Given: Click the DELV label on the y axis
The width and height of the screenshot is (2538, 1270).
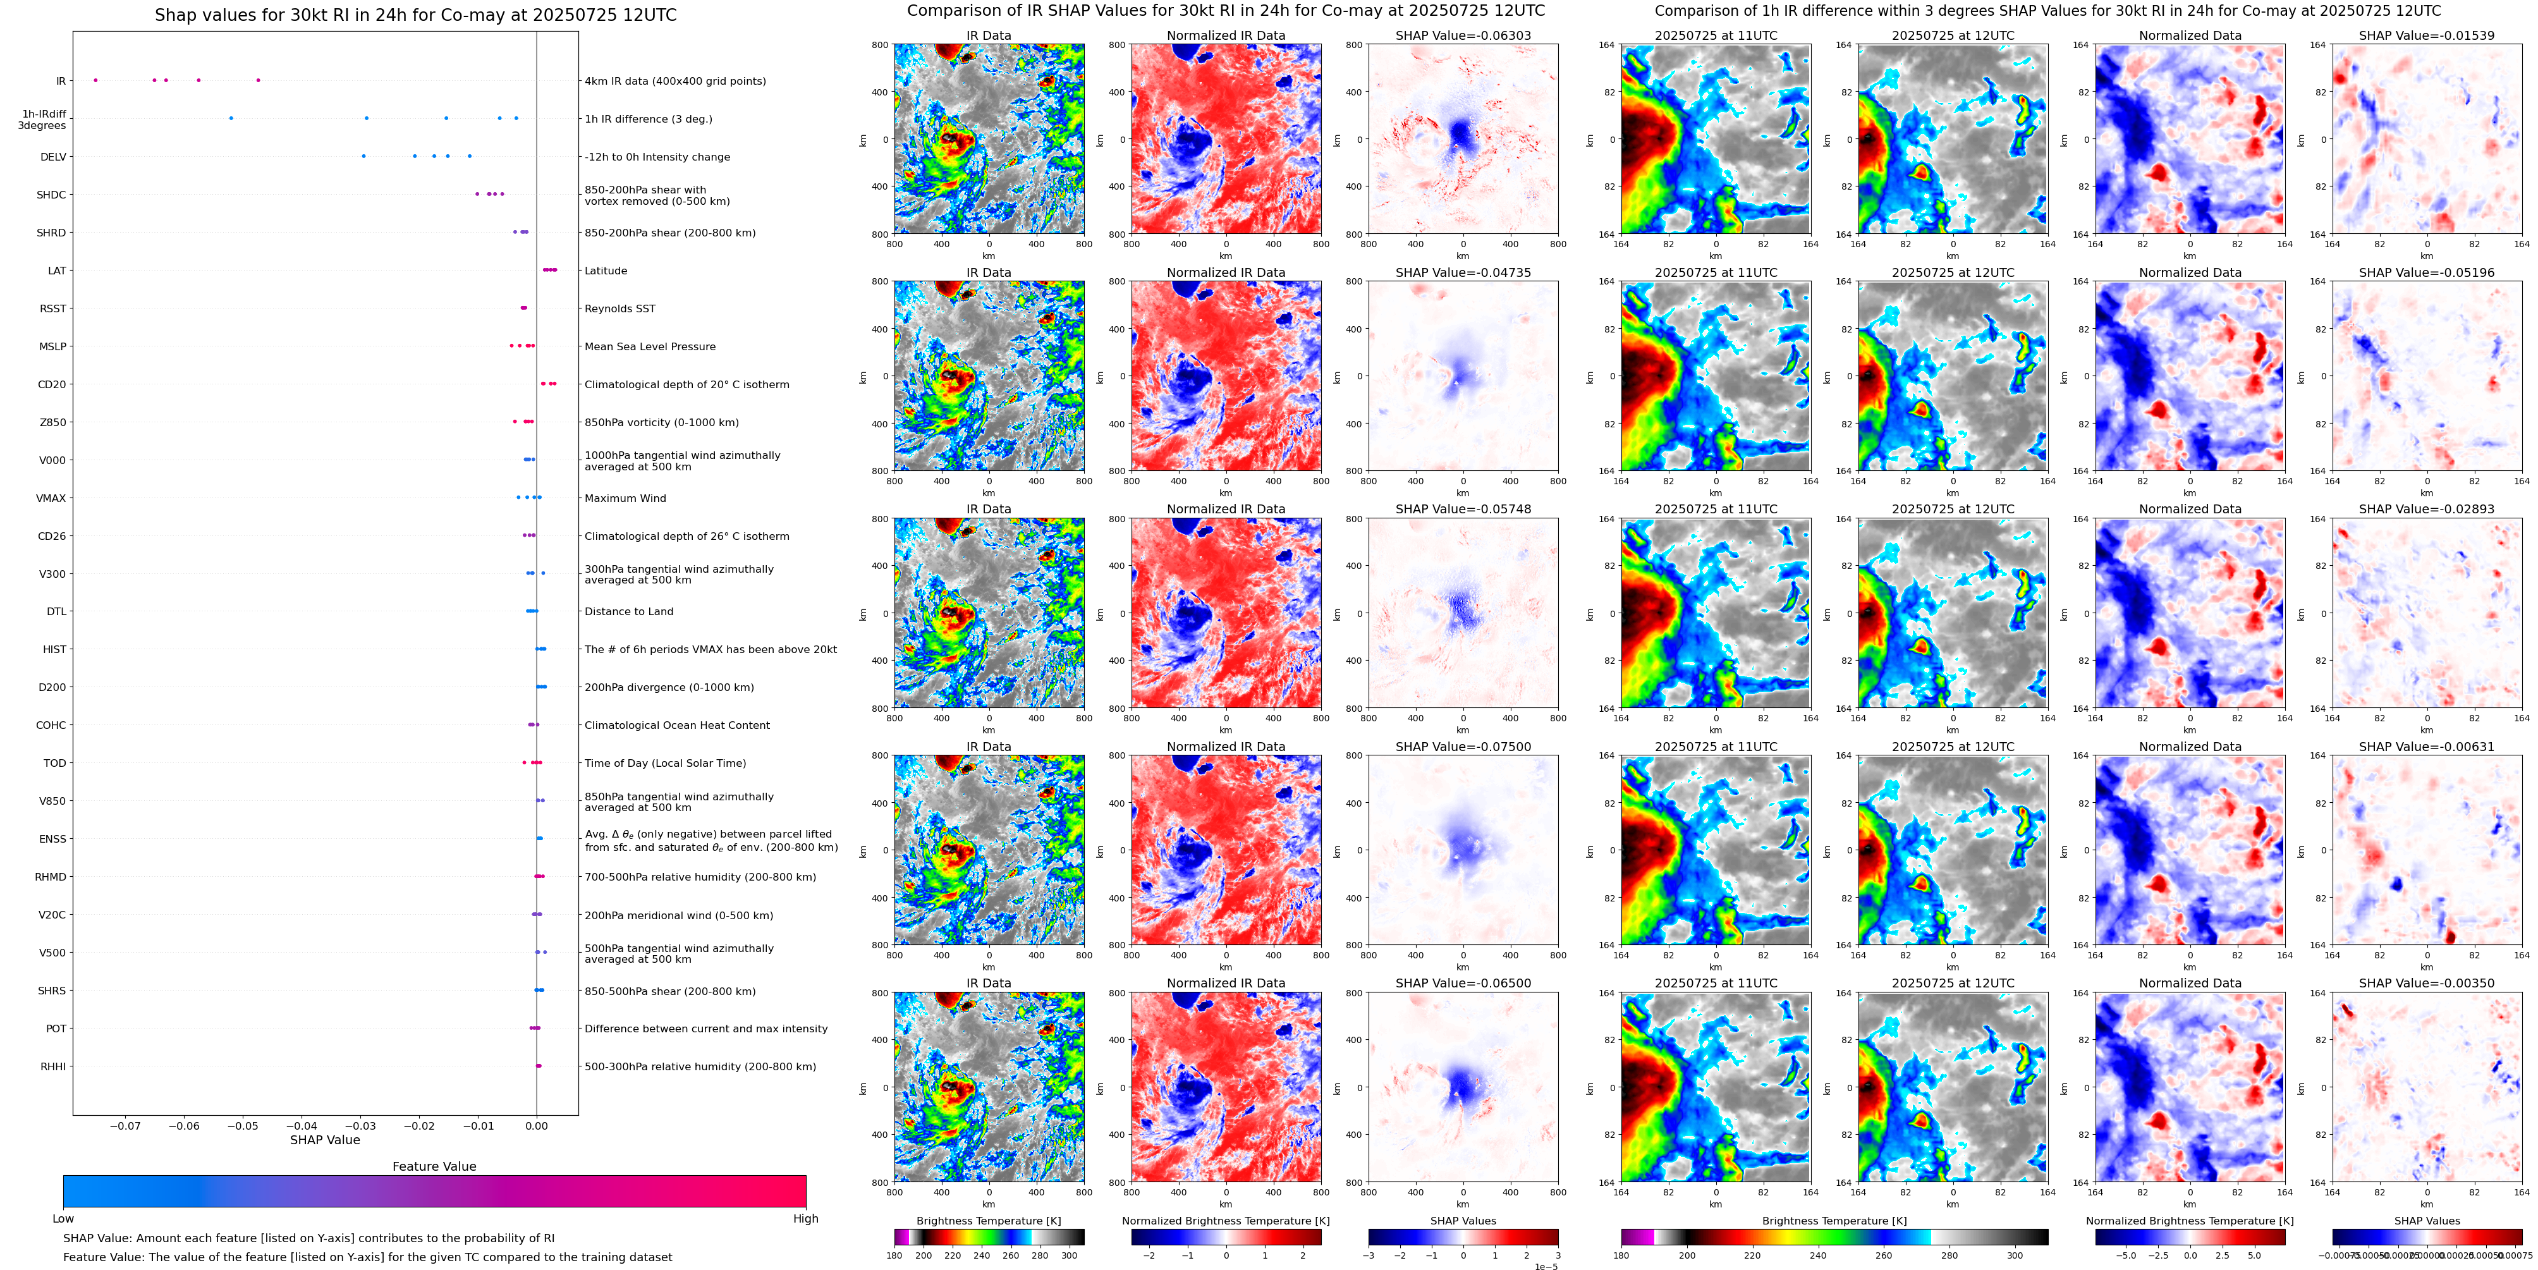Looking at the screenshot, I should (53, 157).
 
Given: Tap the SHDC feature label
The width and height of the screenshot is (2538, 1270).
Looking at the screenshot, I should (51, 195).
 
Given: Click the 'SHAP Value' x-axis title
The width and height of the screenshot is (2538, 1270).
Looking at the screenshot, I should (325, 1140).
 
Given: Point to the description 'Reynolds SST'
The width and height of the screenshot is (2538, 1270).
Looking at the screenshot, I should (619, 308).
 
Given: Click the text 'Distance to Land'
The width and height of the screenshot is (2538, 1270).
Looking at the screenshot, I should (628, 612).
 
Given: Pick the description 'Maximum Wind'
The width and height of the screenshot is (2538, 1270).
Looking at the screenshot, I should (625, 499).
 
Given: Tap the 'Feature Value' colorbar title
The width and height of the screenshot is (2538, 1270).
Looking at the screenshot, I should (434, 1166).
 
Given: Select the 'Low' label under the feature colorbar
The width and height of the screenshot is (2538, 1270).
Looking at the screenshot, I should (63, 1219).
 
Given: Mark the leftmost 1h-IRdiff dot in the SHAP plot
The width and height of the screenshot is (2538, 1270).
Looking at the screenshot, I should (231, 118).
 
